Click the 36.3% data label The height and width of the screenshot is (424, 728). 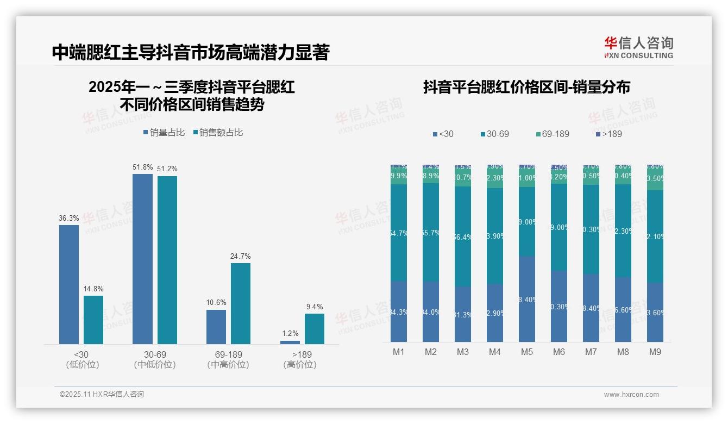click(x=69, y=218)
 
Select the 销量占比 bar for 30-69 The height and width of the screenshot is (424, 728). click(x=142, y=259)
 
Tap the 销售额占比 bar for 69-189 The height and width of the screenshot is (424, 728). click(x=240, y=303)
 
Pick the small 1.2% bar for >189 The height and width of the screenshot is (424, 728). click(x=290, y=342)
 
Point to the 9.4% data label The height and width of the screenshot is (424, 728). click(x=314, y=307)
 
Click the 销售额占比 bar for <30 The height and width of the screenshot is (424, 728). click(x=93, y=320)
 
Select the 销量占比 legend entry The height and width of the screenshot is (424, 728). click(x=164, y=132)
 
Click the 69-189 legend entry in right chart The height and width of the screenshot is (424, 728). click(x=552, y=134)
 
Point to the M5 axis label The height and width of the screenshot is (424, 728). click(x=526, y=352)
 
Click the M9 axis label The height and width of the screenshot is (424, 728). click(x=655, y=352)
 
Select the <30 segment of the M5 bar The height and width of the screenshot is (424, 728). click(x=526, y=299)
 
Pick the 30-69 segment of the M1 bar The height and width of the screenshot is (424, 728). click(x=398, y=233)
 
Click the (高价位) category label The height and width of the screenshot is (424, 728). click(x=299, y=365)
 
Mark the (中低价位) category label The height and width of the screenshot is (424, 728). click(x=154, y=365)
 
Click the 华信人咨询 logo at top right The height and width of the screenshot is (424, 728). click(x=638, y=47)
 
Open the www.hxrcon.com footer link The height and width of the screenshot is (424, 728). click(x=631, y=395)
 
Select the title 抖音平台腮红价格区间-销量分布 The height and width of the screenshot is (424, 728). click(x=526, y=88)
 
